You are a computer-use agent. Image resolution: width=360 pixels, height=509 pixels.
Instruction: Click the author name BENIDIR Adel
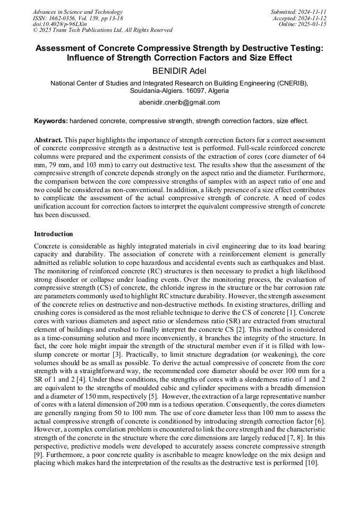[179, 71]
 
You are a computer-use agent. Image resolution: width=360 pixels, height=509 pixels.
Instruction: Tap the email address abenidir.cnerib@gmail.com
[179, 102]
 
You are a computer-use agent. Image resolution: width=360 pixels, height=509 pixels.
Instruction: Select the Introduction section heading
[54, 234]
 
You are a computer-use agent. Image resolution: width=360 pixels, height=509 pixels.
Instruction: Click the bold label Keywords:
[51, 121]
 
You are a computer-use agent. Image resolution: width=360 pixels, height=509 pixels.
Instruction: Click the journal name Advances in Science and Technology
[78, 12]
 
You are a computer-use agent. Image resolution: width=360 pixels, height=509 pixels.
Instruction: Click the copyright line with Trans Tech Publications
[102, 30]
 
